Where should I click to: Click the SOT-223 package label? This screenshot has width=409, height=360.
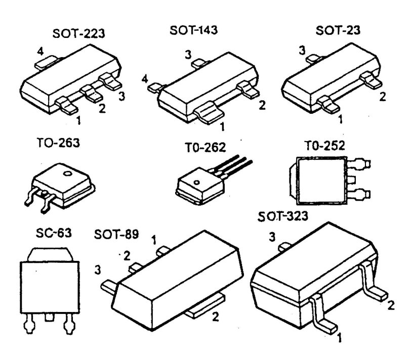point(79,34)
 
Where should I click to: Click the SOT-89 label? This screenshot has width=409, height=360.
point(116,236)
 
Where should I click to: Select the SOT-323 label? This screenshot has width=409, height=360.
point(282,217)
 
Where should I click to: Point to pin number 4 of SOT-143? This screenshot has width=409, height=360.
point(145,79)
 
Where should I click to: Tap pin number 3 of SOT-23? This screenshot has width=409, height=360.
point(302,51)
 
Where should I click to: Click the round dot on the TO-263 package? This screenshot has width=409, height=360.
point(66,174)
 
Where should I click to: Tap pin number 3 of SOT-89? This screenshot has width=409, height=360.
point(97,270)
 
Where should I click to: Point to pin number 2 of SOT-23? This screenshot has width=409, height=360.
point(383,96)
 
